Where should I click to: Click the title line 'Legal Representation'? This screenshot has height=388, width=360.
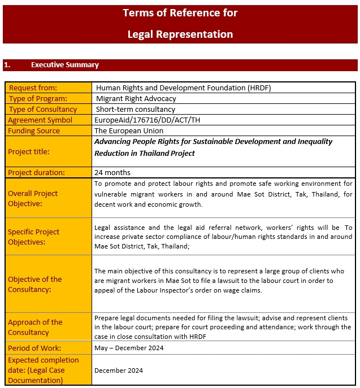pos(180,34)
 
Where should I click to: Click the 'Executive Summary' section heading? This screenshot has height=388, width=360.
pos(65,65)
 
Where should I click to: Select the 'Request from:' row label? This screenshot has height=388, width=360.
pos(33,88)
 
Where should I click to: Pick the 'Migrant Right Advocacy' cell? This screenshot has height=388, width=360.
pos(136,99)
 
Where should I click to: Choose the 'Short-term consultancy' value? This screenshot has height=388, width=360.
pos(136,110)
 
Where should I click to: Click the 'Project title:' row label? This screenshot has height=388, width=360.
pos(29,152)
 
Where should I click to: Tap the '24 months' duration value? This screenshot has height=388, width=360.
pos(112,173)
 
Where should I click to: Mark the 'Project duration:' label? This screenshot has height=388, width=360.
pos(36,173)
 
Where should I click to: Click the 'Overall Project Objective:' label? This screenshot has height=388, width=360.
pos(33,198)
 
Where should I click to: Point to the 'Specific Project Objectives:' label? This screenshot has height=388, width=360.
pos(33,237)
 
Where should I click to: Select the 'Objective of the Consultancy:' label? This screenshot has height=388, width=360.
pos(35,284)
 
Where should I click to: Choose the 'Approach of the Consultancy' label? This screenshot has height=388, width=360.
pos(35,327)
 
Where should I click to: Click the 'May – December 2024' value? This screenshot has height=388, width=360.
pos(129,348)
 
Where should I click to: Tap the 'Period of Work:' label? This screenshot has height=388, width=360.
pos(34,348)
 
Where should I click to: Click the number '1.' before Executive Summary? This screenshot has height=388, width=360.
pos(7,65)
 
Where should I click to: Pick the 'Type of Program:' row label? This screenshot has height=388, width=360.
pos(36,99)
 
